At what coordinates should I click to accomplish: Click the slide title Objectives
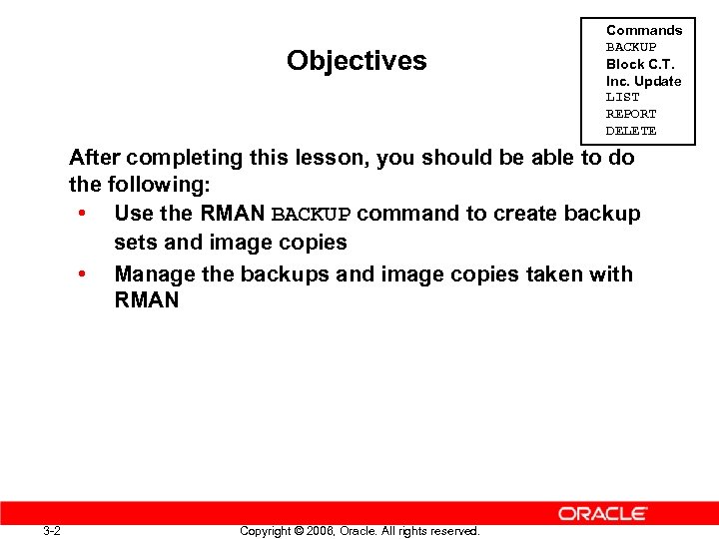click(357, 61)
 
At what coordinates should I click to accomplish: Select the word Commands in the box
click(644, 30)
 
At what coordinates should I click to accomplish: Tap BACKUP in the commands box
click(631, 47)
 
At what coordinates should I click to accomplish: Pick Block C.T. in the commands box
click(640, 64)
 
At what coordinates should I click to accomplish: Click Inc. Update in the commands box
click(644, 81)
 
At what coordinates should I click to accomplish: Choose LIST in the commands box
click(622, 97)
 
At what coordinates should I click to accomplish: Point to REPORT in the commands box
click(631, 114)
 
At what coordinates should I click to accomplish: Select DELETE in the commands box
click(631, 131)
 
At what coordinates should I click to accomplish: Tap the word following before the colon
click(153, 186)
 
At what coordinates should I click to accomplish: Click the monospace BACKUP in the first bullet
click(311, 215)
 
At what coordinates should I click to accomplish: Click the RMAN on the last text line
click(147, 300)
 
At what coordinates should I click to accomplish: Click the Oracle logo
click(603, 513)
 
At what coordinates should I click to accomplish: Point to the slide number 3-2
click(52, 530)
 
